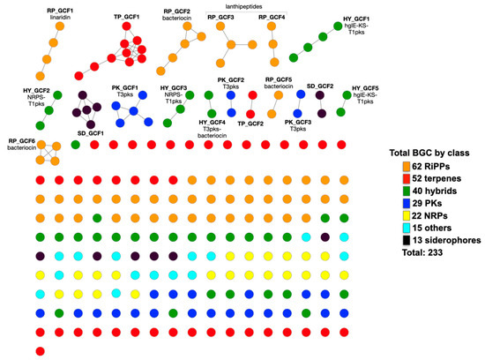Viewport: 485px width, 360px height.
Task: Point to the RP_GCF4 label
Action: click(272, 17)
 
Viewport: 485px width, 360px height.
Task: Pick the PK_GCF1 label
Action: click(125, 88)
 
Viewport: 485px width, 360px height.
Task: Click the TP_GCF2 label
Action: click(250, 124)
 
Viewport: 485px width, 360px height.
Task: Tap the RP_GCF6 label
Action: click(22, 141)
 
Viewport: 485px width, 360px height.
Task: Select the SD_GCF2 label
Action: click(319, 86)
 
